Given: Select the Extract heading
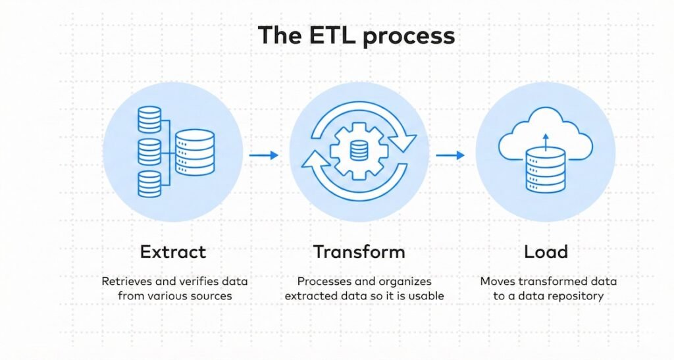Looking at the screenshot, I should pos(172,251).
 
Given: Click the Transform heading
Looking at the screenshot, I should pos(359,251).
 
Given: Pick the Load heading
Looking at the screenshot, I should pos(546,251).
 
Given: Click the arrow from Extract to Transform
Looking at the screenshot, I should pos(263,155).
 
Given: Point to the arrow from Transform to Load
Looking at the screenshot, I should pos(450,155).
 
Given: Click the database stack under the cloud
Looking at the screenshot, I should pos(546,170).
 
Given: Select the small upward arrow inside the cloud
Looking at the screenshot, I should pos(546,139).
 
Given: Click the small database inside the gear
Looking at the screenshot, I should pos(359,151).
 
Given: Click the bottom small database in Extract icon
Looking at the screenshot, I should pos(149,184).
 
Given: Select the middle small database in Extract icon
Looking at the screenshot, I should pos(149,151).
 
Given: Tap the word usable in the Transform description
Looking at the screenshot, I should pos(426,296).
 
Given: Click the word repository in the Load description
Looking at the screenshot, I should pos(573,296).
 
